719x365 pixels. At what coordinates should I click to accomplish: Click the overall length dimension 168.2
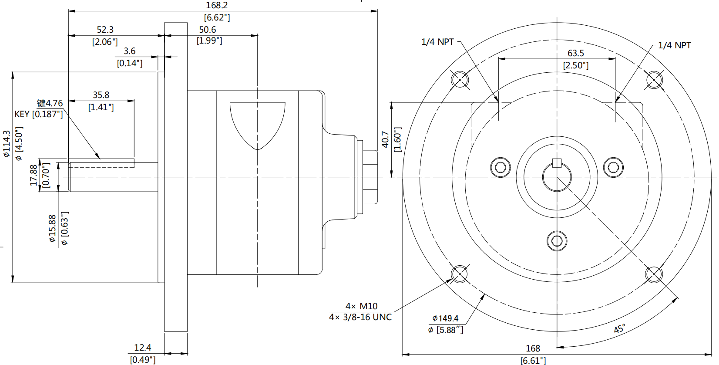tap(217, 5)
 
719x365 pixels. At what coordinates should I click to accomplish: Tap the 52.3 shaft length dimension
tap(105, 30)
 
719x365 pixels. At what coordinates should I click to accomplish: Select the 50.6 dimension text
tap(208, 30)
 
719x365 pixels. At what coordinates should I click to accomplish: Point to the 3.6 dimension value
tap(130, 51)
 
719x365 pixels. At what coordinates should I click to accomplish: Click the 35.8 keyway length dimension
tap(101, 95)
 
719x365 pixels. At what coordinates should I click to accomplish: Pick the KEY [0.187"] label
tap(39, 114)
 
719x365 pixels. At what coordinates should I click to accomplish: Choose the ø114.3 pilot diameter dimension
tap(7, 144)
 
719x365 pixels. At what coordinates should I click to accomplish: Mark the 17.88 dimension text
tap(34, 175)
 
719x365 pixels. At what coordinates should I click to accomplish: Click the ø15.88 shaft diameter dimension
tap(52, 228)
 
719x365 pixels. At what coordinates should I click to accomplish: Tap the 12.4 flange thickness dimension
tap(143, 348)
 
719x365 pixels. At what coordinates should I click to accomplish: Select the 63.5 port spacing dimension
tap(576, 53)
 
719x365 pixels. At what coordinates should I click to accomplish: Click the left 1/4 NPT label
tap(437, 42)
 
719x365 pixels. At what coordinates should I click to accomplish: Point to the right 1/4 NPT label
tap(674, 45)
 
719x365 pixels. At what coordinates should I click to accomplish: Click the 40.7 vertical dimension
tap(385, 139)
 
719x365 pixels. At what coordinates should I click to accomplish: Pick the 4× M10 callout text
tap(361, 306)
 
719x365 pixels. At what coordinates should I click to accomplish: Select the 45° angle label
tap(620, 328)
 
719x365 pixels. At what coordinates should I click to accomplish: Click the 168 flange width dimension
tap(533, 348)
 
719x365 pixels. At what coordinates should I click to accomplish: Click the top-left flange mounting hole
tap(460, 80)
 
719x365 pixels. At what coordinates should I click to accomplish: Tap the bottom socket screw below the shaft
tap(557, 240)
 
